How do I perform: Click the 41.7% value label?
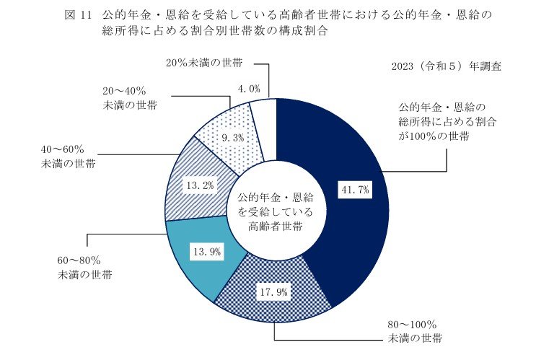[x=354, y=190]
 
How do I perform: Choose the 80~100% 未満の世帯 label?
[x=412, y=330]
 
